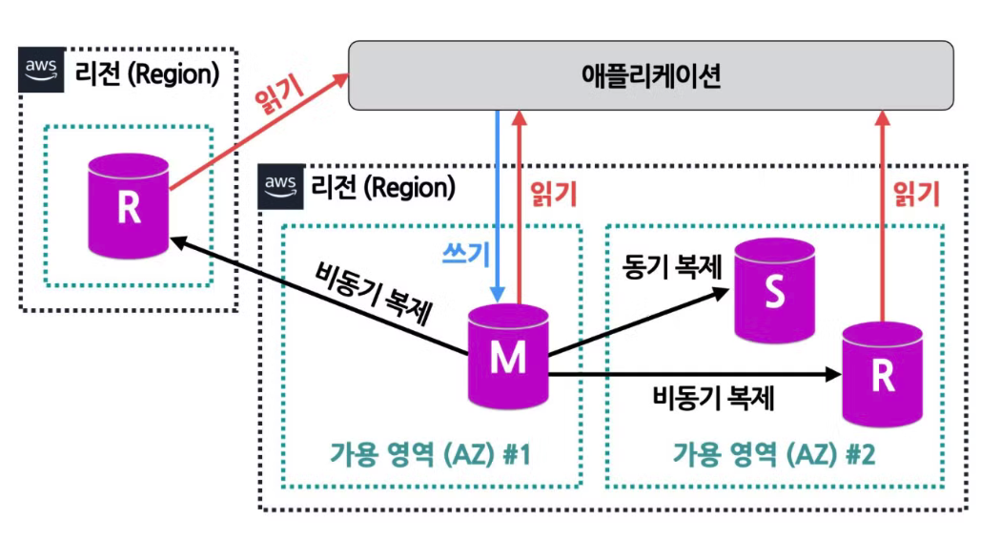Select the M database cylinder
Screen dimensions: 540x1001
point(507,356)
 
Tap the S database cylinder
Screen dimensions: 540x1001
point(775,291)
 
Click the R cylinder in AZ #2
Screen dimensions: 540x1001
point(883,375)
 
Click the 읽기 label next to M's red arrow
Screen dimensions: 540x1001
point(552,195)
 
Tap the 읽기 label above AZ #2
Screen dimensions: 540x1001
point(916,195)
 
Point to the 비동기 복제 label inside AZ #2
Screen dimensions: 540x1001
point(712,395)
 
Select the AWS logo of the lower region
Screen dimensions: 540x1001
point(282,185)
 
